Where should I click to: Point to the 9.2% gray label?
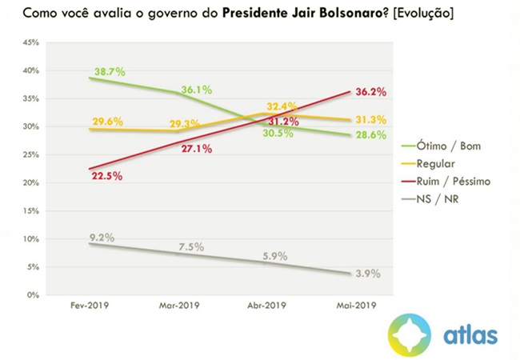pyautogui.click(x=102, y=238)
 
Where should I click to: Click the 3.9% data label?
pyautogui.click(x=366, y=274)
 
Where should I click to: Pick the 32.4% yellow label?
pyautogui.click(x=284, y=106)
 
